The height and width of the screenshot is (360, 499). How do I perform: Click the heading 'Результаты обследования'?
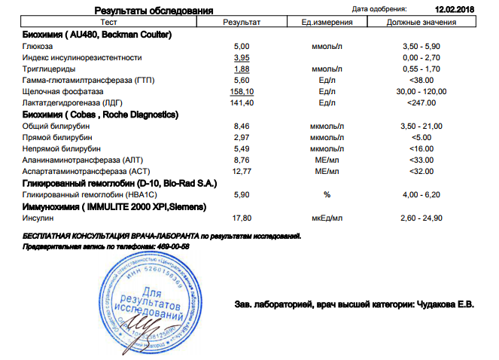pyautogui.click(x=153, y=11)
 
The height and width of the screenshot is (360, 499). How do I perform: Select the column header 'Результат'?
pyautogui.click(x=242, y=23)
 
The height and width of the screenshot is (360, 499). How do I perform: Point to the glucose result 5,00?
pyautogui.click(x=242, y=46)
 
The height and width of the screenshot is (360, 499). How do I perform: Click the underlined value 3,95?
pyautogui.click(x=242, y=57)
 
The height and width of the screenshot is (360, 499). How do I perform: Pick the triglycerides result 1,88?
pyautogui.click(x=242, y=69)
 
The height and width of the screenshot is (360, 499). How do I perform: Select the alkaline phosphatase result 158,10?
pyautogui.click(x=242, y=91)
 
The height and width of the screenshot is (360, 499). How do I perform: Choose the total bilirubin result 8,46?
pyautogui.click(x=242, y=126)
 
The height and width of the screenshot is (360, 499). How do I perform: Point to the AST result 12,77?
pyautogui.click(x=242, y=172)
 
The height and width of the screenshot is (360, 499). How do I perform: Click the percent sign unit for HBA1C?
pyautogui.click(x=327, y=194)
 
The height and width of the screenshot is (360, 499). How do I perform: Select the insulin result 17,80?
pyautogui.click(x=242, y=218)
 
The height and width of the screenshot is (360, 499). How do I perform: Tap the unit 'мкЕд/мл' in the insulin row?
pyautogui.click(x=327, y=218)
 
